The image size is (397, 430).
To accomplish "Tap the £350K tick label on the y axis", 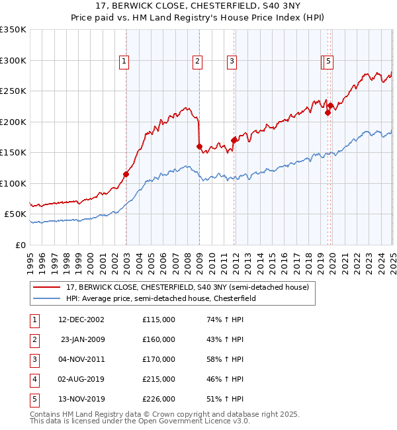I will click(13, 30).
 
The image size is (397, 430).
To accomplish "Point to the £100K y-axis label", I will click(13, 183).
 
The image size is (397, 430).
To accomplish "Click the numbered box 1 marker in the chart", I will click(124, 62).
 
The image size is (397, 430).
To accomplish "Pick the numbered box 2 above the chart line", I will click(197, 62).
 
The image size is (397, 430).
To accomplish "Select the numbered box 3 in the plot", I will click(232, 62).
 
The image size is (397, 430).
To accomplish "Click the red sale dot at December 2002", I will click(126, 174).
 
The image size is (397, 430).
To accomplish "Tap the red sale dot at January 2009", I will click(199, 146).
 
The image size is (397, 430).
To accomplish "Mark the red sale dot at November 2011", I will click(234, 140).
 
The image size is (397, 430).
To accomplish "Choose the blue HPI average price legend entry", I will click(165, 298).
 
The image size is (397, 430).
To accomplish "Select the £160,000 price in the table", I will click(159, 339).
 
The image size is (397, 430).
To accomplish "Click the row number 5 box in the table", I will click(33, 399).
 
